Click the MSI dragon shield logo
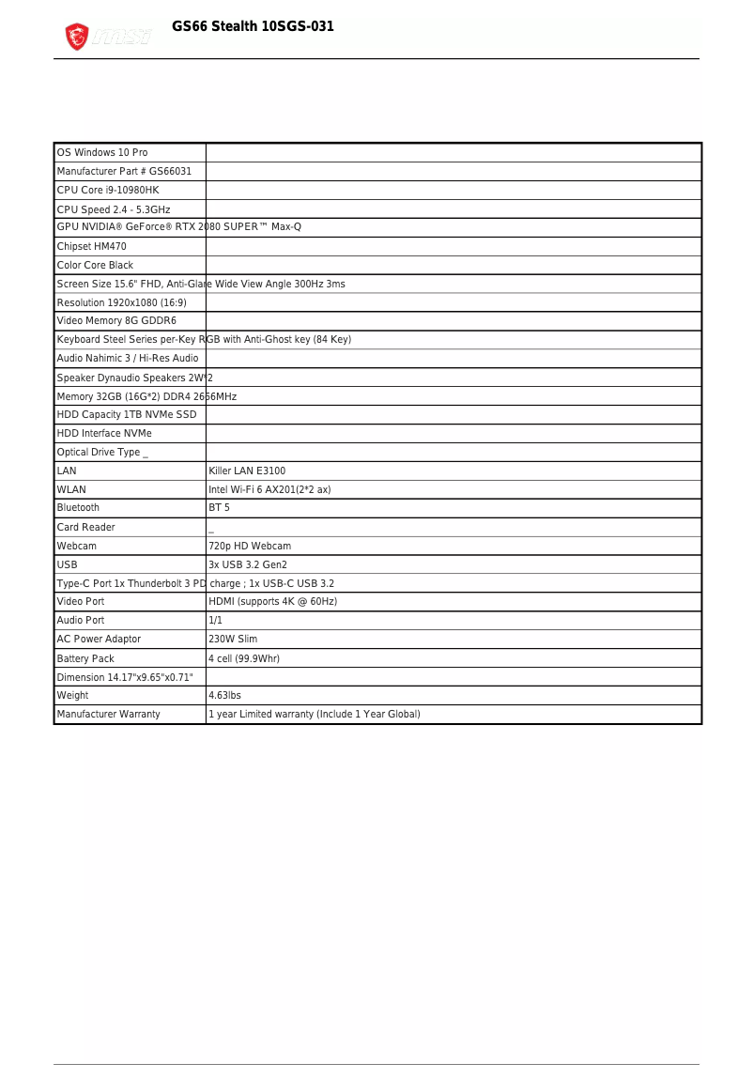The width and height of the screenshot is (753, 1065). click(76, 38)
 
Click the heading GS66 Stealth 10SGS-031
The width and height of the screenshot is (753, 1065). click(253, 26)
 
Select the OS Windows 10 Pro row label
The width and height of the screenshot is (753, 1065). click(102, 152)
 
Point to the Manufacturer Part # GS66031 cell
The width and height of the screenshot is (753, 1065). click(124, 171)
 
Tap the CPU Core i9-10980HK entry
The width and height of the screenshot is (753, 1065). click(108, 190)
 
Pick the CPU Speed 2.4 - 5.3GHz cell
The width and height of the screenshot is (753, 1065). click(114, 209)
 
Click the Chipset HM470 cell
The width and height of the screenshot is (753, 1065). click(92, 246)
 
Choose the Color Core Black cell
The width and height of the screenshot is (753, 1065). click(96, 265)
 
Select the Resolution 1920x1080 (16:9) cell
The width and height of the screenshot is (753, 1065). click(122, 302)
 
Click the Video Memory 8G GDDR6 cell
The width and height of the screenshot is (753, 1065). click(116, 321)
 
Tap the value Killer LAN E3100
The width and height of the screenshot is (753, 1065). click(247, 471)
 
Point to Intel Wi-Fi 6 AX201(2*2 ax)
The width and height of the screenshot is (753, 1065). click(269, 489)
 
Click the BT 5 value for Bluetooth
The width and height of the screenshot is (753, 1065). click(219, 507)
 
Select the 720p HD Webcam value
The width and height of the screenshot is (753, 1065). click(250, 546)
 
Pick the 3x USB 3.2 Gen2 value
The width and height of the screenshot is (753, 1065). click(248, 564)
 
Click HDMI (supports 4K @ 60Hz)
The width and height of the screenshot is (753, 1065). click(272, 601)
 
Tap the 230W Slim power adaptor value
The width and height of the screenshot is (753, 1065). click(233, 639)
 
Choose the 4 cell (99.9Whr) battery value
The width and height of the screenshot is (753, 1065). click(244, 658)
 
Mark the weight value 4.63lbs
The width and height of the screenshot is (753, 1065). click(224, 695)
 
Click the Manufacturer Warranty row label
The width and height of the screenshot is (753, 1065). click(109, 714)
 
